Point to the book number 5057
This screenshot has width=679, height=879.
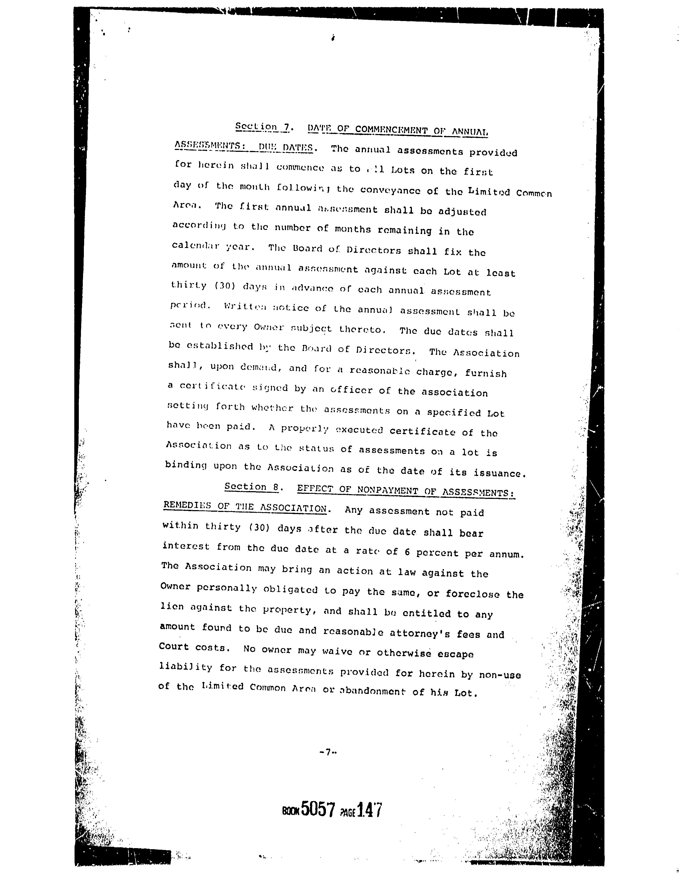pyautogui.click(x=318, y=810)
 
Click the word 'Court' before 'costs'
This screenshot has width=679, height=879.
pyautogui.click(x=174, y=647)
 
